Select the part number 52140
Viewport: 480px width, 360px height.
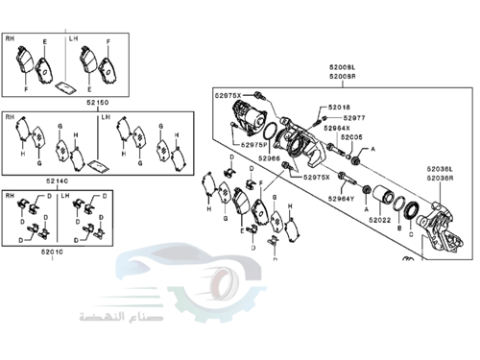[x=58, y=180]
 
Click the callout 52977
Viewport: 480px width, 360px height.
[x=353, y=118]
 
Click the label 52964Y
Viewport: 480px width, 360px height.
[x=341, y=199]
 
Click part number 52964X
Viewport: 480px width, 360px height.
[x=336, y=128]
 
